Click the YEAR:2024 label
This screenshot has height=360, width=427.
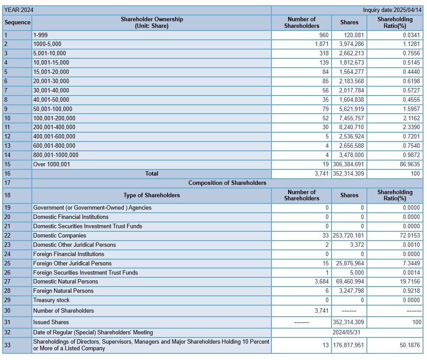19,10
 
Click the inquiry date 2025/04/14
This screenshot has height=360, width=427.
392,10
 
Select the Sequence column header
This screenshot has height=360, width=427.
17,23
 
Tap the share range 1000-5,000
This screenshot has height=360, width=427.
47,44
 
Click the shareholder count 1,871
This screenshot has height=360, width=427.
322,44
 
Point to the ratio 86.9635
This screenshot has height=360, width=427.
410,165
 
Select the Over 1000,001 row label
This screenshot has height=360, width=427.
51,165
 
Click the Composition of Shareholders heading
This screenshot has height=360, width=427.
227,183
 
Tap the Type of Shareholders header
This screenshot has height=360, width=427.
152,195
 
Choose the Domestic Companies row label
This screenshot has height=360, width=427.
60,235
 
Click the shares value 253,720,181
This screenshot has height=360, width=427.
348,235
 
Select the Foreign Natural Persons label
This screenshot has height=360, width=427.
63,291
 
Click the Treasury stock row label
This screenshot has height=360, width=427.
51,300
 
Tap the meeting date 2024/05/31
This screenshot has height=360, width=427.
346,333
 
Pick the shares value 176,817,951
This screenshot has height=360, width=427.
348,345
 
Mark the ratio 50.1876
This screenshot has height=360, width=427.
410,345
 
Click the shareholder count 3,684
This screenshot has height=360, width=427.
322,282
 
